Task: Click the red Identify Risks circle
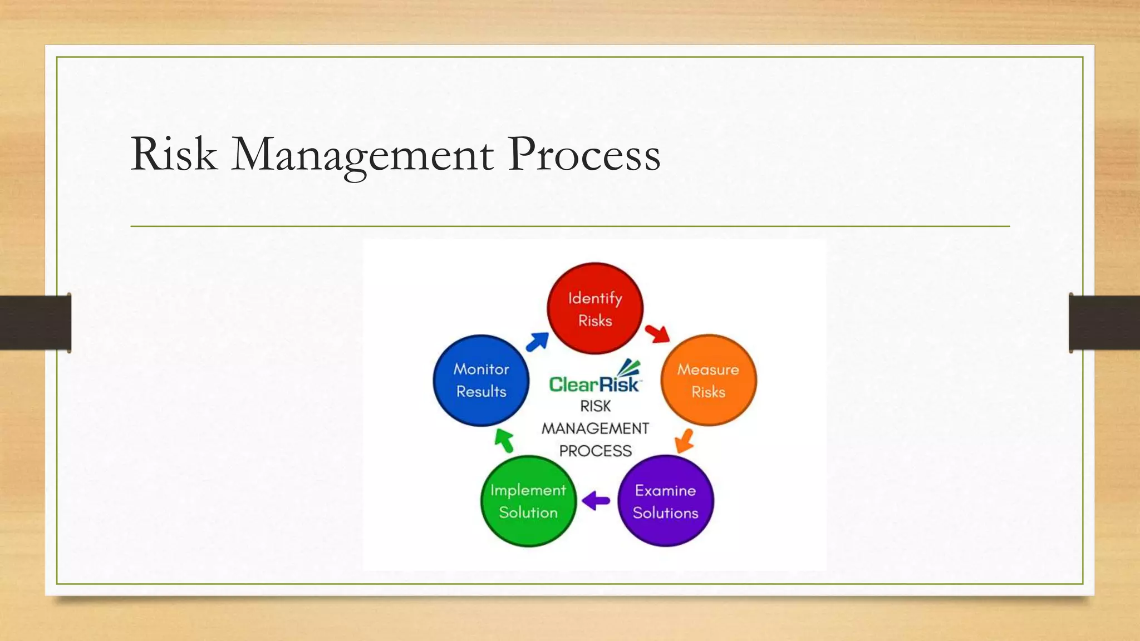(595, 309)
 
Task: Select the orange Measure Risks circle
(708, 381)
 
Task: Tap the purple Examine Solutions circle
(665, 501)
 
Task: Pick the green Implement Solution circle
(528, 501)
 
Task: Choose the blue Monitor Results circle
(481, 381)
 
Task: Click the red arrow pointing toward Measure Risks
(657, 333)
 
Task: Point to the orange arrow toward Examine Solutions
(684, 441)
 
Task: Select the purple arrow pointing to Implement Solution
(596, 500)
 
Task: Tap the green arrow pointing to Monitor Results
(504, 440)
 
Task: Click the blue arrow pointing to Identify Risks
(537, 342)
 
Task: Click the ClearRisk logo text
(594, 384)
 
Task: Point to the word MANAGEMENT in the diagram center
(595, 428)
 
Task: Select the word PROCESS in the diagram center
(595, 451)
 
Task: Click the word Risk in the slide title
(173, 154)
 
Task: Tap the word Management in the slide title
(362, 155)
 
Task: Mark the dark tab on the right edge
(1104, 323)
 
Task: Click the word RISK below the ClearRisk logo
(595, 406)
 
